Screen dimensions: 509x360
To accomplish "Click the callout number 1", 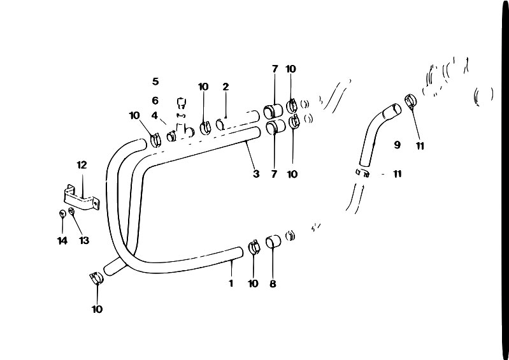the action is click(231, 284).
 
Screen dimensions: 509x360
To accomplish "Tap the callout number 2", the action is click(226, 87).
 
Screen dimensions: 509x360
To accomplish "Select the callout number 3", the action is click(256, 174).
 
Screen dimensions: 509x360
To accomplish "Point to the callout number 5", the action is click(155, 81).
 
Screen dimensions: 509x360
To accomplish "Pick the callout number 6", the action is click(155, 101).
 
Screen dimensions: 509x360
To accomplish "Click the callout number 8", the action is click(273, 284).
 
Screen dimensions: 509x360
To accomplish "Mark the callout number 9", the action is click(397, 145).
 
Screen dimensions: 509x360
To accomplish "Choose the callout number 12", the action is click(82, 165).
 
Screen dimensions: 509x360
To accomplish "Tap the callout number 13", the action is click(83, 241).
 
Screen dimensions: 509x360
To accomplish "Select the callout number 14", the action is click(62, 241).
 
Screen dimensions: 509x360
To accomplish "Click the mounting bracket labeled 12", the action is click(81, 197).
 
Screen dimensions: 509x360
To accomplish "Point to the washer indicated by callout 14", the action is click(62, 213).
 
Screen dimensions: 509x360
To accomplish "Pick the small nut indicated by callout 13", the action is click(71, 212).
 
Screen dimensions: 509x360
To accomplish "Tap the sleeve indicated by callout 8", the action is click(273, 241).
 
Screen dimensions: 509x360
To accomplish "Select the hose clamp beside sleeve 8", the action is click(254, 247).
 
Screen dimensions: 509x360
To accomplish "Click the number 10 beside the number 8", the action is click(253, 284).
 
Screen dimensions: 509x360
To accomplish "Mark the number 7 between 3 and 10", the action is click(274, 174).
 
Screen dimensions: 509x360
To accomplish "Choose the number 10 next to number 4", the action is click(134, 115).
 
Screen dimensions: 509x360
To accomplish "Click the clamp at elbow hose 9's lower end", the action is click(362, 172).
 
